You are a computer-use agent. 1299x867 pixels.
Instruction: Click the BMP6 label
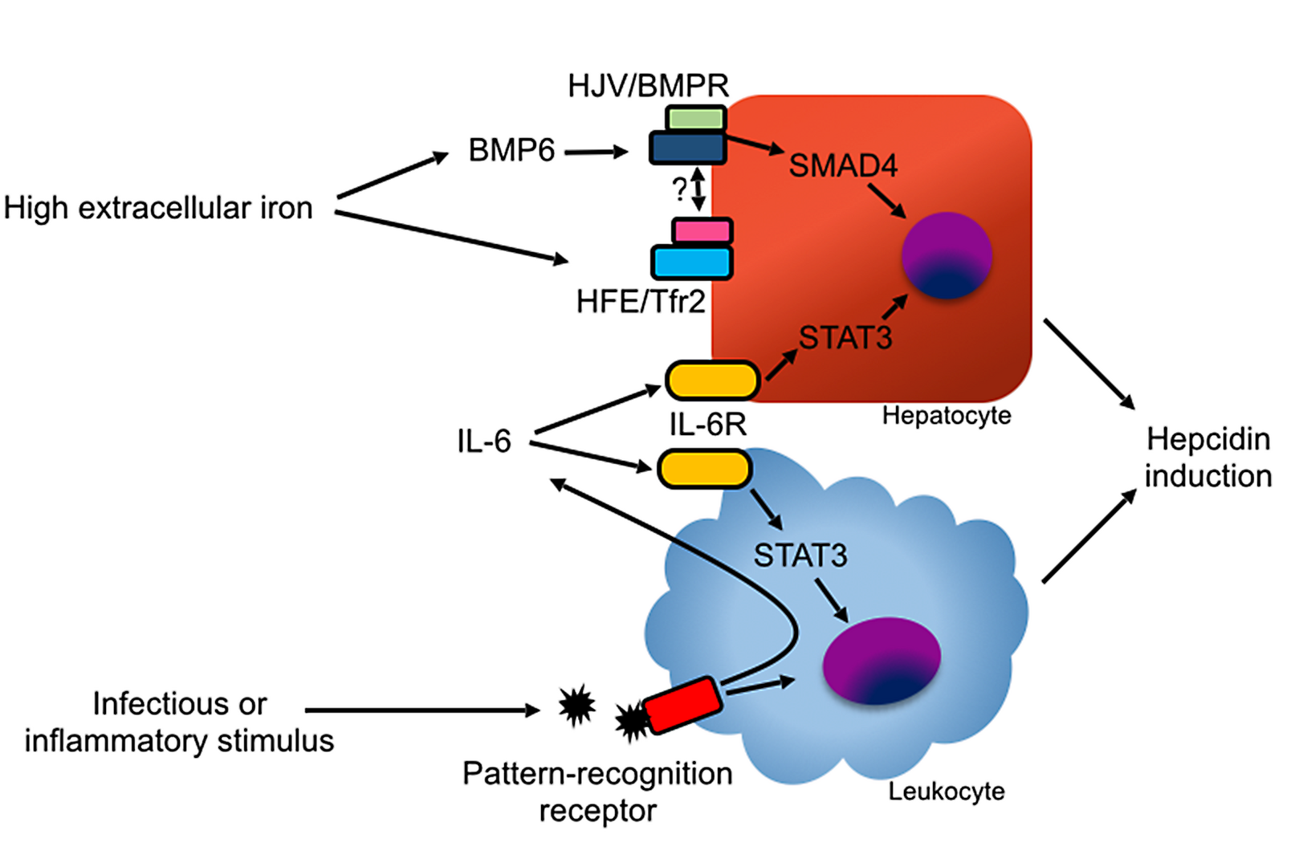[x=511, y=150]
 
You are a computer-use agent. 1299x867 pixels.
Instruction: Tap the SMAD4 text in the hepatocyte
[x=842, y=165]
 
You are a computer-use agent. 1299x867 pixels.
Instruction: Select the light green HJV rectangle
[x=695, y=119]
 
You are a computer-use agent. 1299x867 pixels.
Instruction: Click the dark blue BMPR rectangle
[x=687, y=149]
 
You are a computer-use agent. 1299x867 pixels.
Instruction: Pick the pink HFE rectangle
[x=702, y=231]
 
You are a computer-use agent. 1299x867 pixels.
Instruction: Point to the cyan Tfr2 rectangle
[x=691, y=263]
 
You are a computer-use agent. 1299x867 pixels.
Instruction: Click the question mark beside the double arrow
[x=679, y=189]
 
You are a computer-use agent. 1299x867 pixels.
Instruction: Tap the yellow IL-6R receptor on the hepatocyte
[x=712, y=381]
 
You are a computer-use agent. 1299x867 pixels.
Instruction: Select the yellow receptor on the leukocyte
[x=704, y=469]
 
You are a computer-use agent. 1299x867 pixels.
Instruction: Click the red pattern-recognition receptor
[x=682, y=705]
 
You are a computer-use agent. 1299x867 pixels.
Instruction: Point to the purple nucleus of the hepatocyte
[x=947, y=255]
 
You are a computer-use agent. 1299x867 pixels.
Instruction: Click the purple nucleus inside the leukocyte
[x=882, y=660]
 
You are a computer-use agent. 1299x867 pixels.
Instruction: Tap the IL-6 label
[x=483, y=441]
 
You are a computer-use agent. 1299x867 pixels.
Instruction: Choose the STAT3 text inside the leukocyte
[x=800, y=556]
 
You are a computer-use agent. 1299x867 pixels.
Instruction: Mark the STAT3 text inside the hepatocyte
[x=845, y=338]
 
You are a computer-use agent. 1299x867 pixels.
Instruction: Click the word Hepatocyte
[x=946, y=416]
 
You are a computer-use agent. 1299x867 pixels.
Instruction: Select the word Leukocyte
[x=946, y=792]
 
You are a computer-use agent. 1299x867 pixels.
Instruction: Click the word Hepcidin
[x=1207, y=439]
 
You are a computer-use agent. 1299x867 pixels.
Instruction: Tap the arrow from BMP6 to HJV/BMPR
[x=596, y=151]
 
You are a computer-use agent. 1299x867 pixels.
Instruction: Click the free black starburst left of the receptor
[x=576, y=706]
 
